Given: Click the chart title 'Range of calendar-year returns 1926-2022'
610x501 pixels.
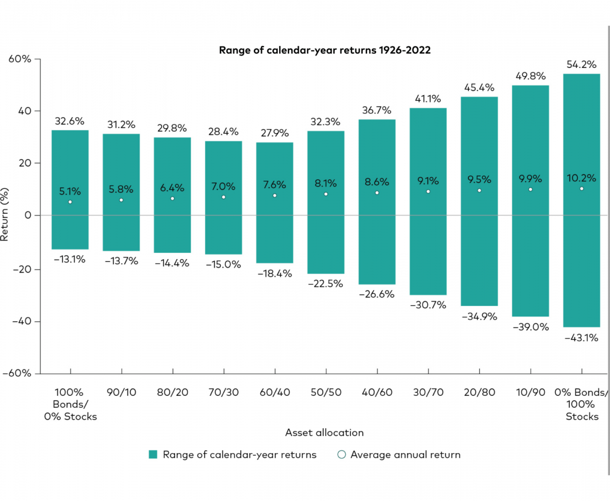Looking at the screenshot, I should (x=325, y=50).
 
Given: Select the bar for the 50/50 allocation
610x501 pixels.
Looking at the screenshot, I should (x=326, y=228).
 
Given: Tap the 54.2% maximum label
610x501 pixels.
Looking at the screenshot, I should (x=581, y=64).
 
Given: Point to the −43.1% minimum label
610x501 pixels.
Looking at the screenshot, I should (x=581, y=338).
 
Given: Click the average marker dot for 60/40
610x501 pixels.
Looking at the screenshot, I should (x=274, y=196).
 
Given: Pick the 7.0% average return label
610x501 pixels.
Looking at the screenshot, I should (x=223, y=186).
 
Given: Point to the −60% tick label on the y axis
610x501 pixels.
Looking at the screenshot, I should (x=17, y=373).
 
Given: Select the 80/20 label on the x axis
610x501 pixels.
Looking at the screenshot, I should (x=172, y=392).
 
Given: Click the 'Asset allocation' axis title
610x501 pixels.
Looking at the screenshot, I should (x=324, y=432).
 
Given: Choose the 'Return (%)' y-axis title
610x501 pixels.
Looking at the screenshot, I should (x=4, y=214).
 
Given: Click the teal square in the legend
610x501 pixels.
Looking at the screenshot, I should (x=153, y=454).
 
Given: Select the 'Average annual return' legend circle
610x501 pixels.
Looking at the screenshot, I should (x=342, y=454).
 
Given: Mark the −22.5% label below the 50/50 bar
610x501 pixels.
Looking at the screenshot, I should (x=325, y=283).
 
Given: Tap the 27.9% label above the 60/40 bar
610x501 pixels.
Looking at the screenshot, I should (x=274, y=133).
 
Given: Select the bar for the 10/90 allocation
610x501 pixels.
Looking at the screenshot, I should (x=530, y=244).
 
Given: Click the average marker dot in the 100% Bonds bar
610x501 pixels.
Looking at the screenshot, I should (x=70, y=202).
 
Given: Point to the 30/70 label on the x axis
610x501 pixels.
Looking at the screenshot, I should (x=428, y=392).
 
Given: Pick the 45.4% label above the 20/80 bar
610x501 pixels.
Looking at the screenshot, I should (x=479, y=87).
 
